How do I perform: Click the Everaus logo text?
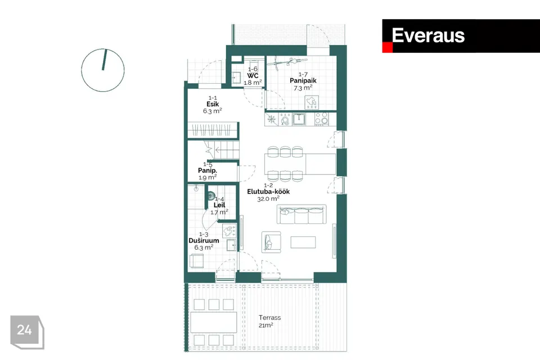coord(428,35)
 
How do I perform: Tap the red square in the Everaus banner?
coord(387,48)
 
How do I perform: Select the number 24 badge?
coord(25,331)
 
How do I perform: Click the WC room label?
coord(253,75)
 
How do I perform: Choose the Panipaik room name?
coord(303,80)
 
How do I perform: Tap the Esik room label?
coord(212,104)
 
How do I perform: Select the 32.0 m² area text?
coord(268,199)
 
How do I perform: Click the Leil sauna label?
coord(219,205)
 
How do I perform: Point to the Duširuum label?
coord(204,240)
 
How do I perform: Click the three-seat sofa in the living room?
coord(301,214)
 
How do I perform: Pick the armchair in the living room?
coord(271,242)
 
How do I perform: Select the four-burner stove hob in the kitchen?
coord(322,119)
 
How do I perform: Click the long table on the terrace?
coord(213,322)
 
